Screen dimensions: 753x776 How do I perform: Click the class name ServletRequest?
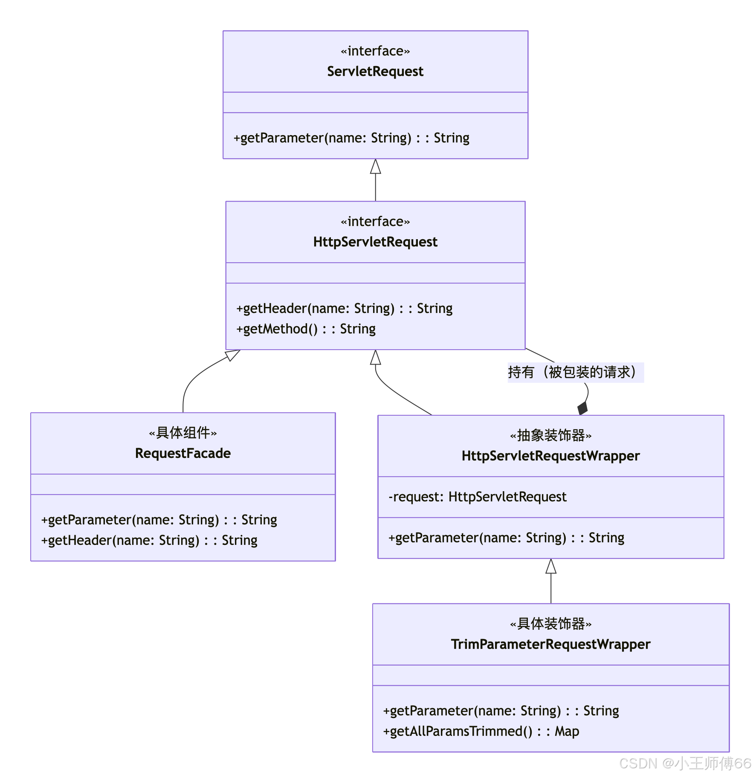point(375,71)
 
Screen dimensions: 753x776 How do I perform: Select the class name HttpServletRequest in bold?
point(375,242)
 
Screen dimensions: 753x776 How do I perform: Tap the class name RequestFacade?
point(183,453)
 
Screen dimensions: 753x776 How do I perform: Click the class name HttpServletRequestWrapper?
point(550,456)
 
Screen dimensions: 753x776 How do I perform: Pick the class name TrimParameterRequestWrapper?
point(550,644)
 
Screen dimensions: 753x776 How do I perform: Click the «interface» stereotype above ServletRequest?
point(375,51)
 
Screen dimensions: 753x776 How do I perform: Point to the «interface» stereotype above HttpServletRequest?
point(375,222)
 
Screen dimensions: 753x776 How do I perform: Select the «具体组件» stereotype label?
point(183,433)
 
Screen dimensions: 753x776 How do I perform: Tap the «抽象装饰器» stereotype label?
point(550,436)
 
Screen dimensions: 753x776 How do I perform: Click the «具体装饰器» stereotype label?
point(550,624)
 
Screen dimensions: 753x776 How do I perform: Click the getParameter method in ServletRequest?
point(351,138)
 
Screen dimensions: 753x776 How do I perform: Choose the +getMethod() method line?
point(306,329)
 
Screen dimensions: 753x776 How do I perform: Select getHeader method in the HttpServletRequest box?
point(345,309)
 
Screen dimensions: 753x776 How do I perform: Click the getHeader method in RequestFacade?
point(149,541)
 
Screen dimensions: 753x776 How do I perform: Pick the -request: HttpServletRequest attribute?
point(478,497)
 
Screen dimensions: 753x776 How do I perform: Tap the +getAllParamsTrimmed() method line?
point(481,732)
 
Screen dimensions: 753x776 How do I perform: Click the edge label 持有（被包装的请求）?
point(575,372)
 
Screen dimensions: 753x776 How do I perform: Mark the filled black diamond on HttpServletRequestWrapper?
point(583,408)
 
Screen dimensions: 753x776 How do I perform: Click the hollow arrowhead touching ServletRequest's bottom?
point(375,167)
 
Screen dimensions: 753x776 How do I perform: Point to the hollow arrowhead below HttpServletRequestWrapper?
point(551,566)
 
